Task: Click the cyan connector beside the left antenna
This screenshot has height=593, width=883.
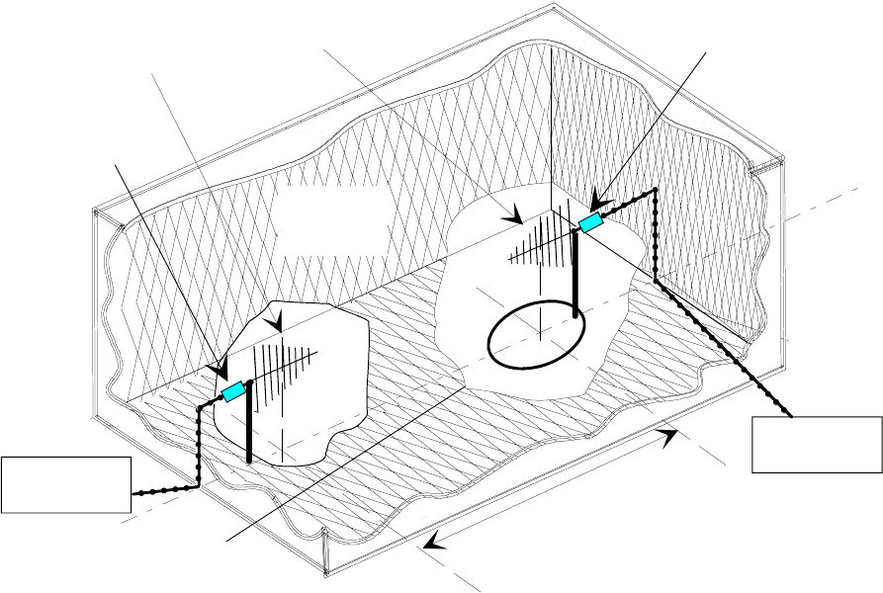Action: tap(234, 392)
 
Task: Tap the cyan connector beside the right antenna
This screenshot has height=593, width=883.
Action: tap(590, 223)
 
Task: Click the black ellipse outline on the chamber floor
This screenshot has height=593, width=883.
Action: tap(538, 336)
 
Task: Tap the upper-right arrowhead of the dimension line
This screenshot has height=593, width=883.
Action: tap(670, 434)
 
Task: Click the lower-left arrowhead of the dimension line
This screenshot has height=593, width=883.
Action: tap(432, 542)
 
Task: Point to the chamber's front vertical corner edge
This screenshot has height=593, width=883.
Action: tap(325, 554)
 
